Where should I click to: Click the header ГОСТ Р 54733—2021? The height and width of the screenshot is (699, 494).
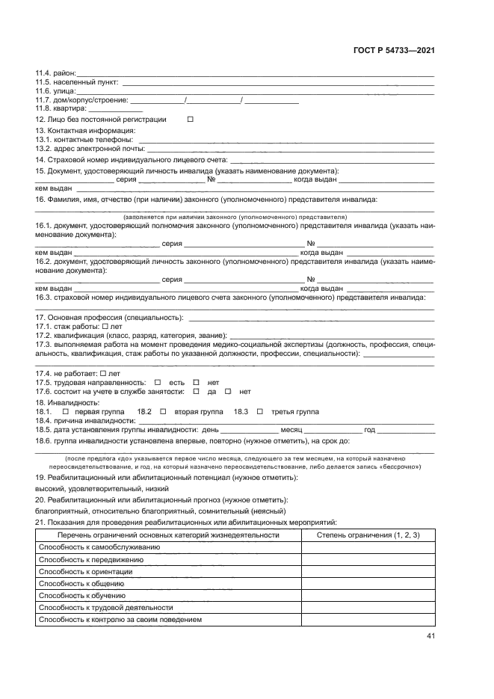click(394, 51)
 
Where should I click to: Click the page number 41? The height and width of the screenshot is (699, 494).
click(430, 636)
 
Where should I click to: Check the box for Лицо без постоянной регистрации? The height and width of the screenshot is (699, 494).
click(190, 120)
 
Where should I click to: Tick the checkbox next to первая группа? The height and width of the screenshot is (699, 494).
click(65, 412)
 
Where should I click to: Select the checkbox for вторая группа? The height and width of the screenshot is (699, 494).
click(163, 412)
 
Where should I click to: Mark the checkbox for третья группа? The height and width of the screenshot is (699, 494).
click(259, 412)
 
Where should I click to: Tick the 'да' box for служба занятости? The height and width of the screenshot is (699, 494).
click(196, 391)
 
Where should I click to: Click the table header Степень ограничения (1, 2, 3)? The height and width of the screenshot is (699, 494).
click(368, 535)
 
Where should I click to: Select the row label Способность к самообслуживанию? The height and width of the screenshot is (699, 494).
click(99, 547)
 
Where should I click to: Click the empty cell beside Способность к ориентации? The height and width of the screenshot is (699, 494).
click(368, 572)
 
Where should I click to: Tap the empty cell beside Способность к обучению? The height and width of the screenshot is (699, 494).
click(368, 596)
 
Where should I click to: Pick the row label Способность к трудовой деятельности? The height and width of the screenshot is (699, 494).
click(105, 608)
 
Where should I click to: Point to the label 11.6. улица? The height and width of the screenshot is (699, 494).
click(50, 91)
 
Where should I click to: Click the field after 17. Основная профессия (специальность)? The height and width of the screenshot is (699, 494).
click(312, 318)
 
